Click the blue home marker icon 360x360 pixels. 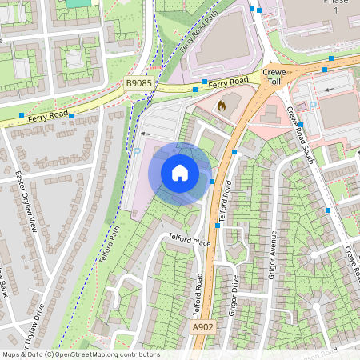coord(180,173)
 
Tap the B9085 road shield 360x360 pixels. coord(139,82)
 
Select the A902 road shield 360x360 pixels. coord(203,327)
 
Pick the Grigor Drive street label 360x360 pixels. coord(233,295)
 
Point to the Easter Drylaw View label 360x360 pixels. coord(26,200)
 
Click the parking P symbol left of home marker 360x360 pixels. coord(136,150)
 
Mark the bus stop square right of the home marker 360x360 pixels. coord(211,182)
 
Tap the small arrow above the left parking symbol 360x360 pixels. coord(145,134)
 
